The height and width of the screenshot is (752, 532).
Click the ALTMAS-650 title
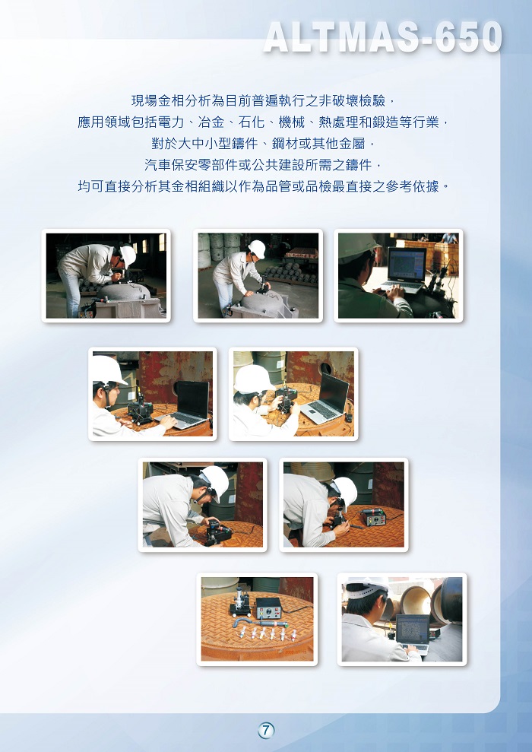(383, 37)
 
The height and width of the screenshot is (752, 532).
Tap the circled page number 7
(266, 731)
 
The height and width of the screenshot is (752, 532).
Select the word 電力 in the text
(171, 122)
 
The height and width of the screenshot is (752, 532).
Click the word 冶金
(211, 122)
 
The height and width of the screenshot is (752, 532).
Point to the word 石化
(252, 122)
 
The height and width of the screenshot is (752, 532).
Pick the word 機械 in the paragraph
(292, 122)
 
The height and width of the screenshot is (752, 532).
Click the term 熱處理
(339, 122)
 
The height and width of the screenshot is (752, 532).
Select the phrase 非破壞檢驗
(353, 100)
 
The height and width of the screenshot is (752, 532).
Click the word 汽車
(158, 165)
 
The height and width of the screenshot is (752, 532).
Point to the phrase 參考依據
(413, 186)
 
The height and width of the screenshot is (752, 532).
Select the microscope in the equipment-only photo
(239, 602)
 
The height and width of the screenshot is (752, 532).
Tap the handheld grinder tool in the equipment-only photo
(259, 624)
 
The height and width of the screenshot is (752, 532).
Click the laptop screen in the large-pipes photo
(412, 629)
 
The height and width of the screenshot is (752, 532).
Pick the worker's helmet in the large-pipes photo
(367, 585)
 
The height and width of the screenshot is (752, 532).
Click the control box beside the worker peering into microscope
(374, 517)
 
